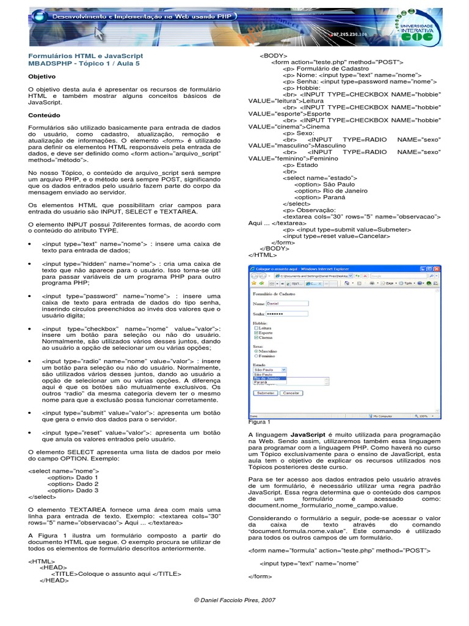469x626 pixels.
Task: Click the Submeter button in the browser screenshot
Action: [x=265, y=393]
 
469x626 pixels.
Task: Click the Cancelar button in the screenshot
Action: [x=291, y=393]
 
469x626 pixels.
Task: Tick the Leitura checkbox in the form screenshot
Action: [x=255, y=328]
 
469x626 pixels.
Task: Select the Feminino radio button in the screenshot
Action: [x=255, y=356]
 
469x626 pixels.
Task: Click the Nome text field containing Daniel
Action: [x=288, y=303]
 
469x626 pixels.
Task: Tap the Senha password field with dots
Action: [x=288, y=314]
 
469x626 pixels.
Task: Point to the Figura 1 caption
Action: [x=259, y=422]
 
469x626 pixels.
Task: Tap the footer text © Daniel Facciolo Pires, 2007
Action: [x=234, y=600]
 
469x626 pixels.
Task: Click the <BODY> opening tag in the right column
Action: [x=270, y=55]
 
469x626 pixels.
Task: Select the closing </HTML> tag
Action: [x=259, y=254]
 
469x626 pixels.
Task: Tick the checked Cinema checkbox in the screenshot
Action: [x=255, y=337]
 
